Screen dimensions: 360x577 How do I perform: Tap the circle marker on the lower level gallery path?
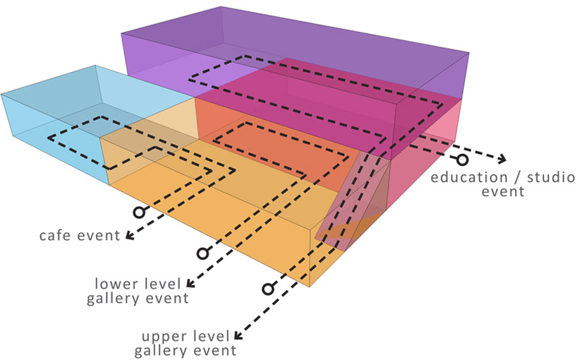tap(202, 252)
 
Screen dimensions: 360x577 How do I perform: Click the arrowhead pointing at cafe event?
tap(128, 235)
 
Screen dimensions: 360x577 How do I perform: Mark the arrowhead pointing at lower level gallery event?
tap(191, 284)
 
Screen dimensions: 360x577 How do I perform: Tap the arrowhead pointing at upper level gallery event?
tap(238, 337)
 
